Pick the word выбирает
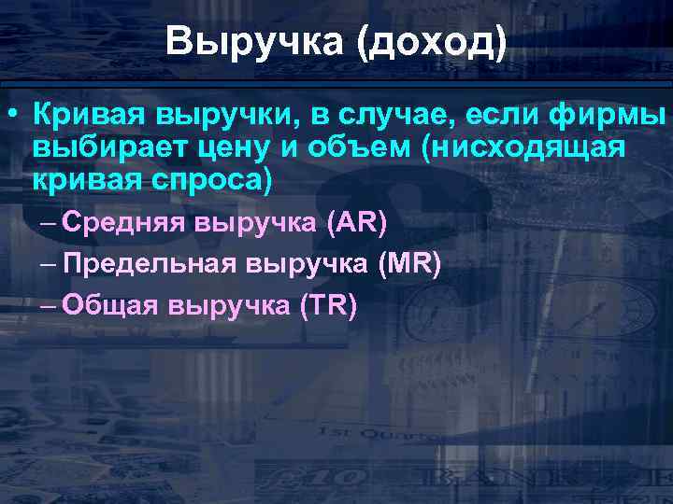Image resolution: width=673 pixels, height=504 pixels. (102, 148)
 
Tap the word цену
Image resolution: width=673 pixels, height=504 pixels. (226, 148)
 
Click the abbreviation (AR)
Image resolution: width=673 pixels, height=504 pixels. (356, 223)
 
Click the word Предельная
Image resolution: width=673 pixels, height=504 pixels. (150, 264)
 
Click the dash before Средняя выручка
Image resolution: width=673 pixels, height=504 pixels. (50, 223)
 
